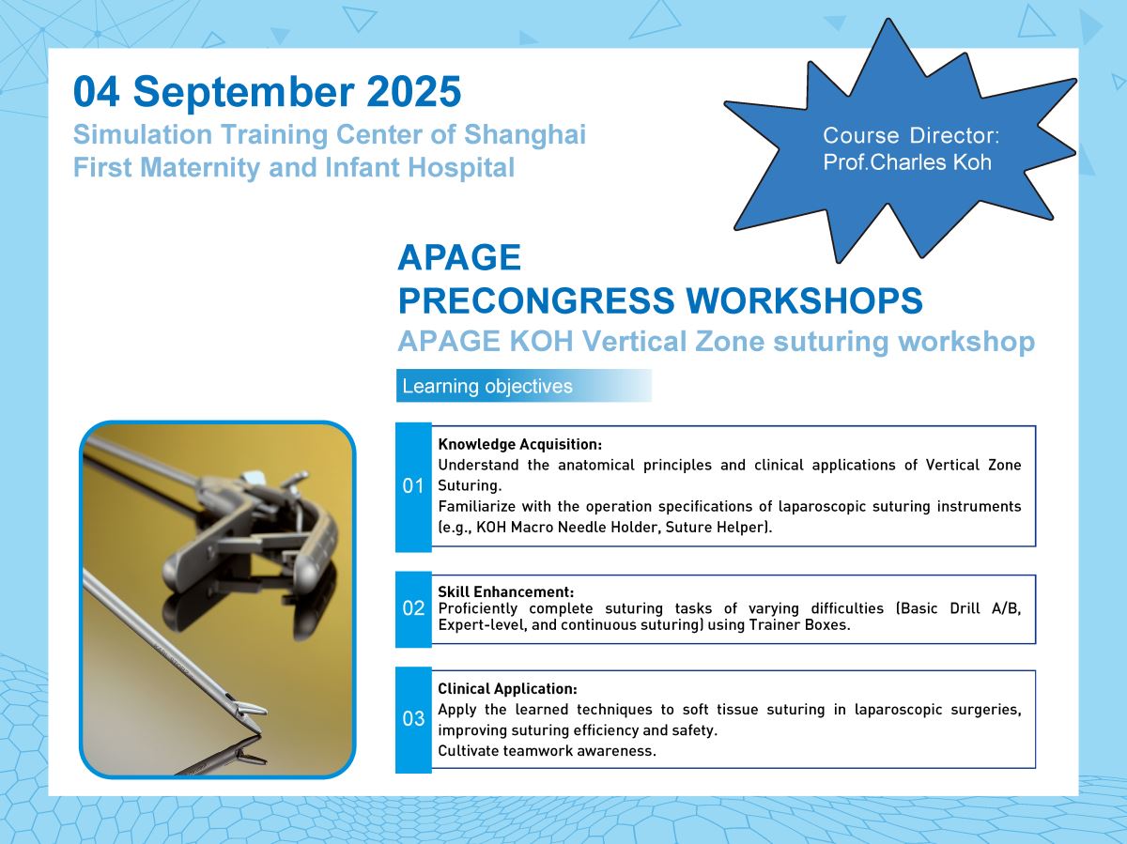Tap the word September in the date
[244, 93]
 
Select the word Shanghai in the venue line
[525, 136]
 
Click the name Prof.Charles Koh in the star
[907, 162]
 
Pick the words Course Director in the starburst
[911, 135]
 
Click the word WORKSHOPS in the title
[804, 300]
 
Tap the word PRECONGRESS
[536, 300]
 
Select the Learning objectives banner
[524, 386]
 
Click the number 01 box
[413, 486]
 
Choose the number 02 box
[413, 609]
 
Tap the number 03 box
[413, 719]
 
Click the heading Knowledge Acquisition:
[519, 444]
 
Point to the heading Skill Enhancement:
[505, 592]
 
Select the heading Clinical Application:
[507, 688]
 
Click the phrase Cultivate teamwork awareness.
[547, 751]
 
